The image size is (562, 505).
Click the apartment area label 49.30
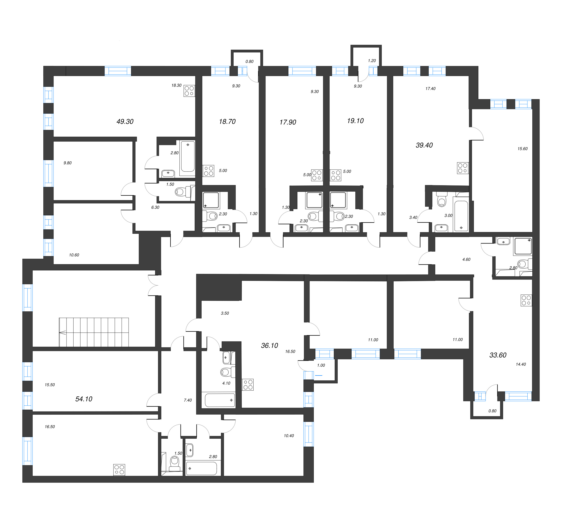125,122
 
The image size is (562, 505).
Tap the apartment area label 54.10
84,399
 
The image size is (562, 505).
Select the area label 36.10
269,345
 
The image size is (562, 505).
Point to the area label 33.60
498,355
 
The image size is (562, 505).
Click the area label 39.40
424,145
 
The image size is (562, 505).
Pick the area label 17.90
288,122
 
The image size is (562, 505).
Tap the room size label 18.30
176,85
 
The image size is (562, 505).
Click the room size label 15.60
523,149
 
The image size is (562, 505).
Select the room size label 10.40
289,436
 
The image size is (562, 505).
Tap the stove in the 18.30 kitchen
190,91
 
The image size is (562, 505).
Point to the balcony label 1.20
372,61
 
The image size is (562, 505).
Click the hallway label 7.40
188,400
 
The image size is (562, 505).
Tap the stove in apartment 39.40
463,168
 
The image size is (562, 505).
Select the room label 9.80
68,163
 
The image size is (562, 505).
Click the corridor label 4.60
466,259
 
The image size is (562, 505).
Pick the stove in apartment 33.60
526,300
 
